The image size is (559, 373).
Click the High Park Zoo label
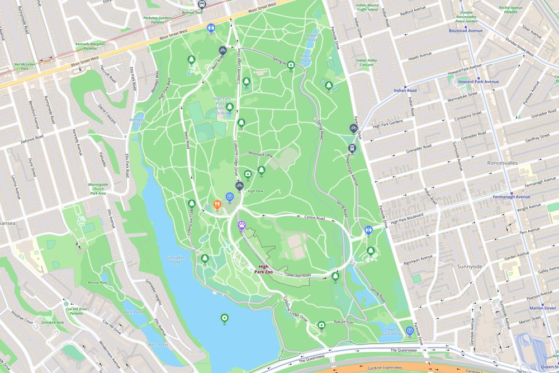pyautogui.click(x=263, y=269)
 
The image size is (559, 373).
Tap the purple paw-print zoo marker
pyautogui.click(x=241, y=225)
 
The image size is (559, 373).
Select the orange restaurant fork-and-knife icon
pyautogui.click(x=217, y=205)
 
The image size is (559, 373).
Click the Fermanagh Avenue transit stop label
pyautogui.click(x=511, y=197)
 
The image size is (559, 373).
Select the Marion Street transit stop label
pyautogui.click(x=542, y=308)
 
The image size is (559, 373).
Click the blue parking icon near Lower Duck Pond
pyautogui.click(x=410, y=330)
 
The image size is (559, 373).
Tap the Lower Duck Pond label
pyautogui.click(x=391, y=332)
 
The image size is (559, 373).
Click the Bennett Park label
pyautogui.click(x=192, y=11)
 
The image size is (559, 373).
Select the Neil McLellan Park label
pyautogui.click(x=17, y=67)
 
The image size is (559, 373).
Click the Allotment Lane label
pyautogui.click(x=261, y=154)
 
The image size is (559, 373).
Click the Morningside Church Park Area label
pyautogui.click(x=98, y=188)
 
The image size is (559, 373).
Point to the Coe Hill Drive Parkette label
pyautogui.click(x=76, y=311)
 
